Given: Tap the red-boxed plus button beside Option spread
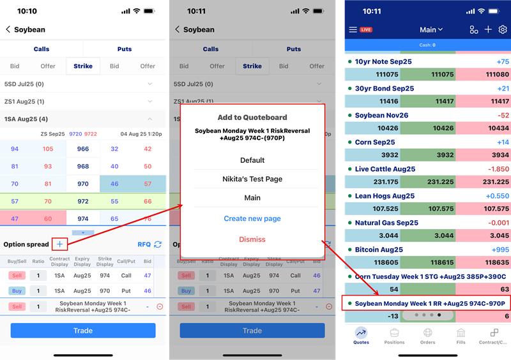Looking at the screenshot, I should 60,244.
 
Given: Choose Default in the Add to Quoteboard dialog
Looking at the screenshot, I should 252,160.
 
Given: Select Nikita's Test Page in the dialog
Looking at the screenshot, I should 252,179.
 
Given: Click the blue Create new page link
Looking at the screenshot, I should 252,218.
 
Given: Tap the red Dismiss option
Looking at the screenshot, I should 252,239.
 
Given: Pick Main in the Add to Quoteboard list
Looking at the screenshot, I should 252,198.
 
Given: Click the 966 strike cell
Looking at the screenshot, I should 83,149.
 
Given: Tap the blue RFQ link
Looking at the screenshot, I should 144,244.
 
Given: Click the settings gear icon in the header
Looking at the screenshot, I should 503,29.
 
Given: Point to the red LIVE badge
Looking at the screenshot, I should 366,30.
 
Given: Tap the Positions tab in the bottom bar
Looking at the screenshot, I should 394,336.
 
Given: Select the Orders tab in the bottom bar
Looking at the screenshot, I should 427,336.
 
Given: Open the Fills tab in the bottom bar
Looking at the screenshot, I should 461,336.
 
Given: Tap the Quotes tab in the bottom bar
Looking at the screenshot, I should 361,336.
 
